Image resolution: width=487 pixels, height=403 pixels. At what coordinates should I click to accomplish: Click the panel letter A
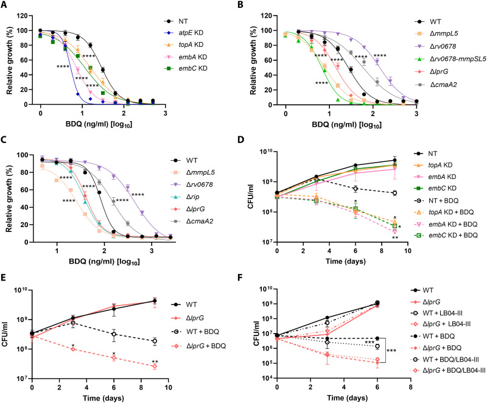(x=6, y=6)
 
